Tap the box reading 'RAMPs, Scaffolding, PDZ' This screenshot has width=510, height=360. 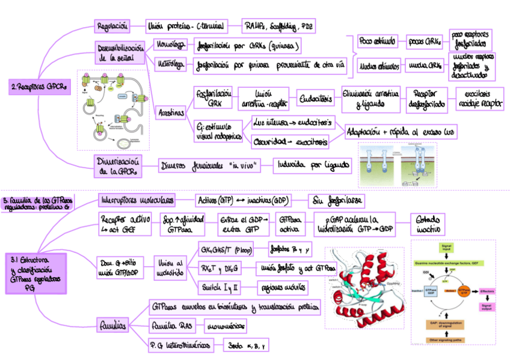pyautogui.click(x=278, y=26)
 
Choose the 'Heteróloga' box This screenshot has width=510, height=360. pyautogui.click(x=171, y=64)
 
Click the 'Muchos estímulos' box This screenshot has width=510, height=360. pyautogui.click(x=379, y=65)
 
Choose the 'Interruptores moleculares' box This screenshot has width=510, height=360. pyautogui.click(x=137, y=200)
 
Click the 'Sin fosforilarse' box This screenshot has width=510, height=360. pyautogui.click(x=336, y=200)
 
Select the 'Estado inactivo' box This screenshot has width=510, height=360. pyautogui.click(x=428, y=224)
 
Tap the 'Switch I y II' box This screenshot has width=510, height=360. pyautogui.click(x=219, y=287)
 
